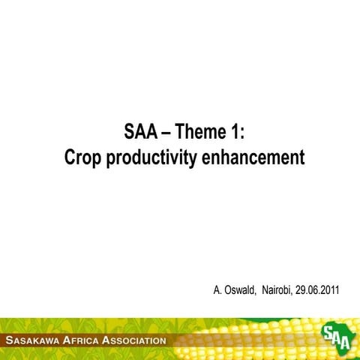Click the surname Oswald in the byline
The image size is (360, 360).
[x=239, y=289]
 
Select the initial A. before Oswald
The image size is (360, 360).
[x=218, y=289]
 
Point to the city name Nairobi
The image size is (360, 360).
[x=276, y=289]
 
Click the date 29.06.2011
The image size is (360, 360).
[x=318, y=289]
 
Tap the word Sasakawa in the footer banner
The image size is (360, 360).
[x=37, y=340]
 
